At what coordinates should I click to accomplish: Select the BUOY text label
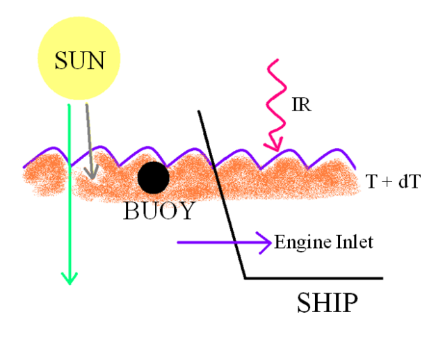[x=159, y=211]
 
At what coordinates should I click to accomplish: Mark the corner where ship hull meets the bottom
[x=245, y=278]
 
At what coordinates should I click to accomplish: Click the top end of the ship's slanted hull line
[x=199, y=111]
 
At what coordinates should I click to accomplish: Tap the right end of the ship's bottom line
[x=382, y=278]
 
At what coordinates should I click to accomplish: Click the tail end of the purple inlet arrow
[x=179, y=243]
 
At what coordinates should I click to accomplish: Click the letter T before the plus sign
[x=370, y=182]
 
